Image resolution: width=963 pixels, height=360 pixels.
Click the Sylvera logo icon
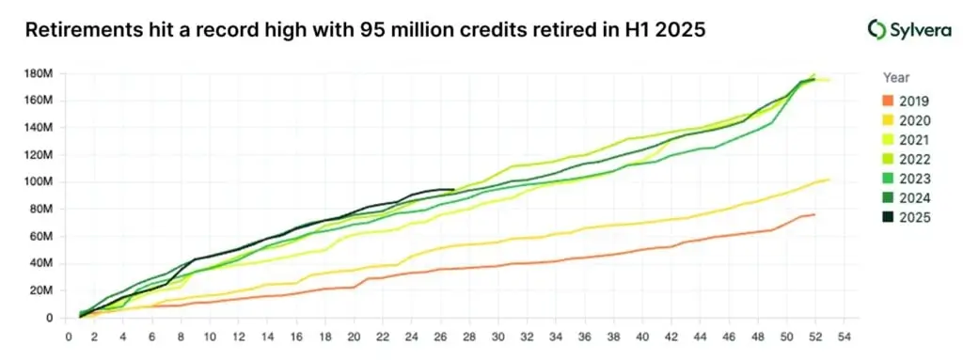(876, 30)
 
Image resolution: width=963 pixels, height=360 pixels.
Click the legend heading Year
(897, 78)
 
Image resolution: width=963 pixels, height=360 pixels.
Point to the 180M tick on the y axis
(39, 72)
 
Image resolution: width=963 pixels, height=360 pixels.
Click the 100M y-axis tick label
(39, 181)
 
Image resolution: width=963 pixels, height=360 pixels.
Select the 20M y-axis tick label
(41, 290)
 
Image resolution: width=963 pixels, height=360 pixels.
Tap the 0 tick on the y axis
(50, 318)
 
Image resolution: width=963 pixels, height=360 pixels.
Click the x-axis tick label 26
(440, 336)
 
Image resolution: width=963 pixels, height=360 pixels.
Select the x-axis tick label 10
(210, 336)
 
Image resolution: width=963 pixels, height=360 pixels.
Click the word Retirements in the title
(85, 30)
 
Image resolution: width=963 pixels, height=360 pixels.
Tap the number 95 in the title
(371, 30)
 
